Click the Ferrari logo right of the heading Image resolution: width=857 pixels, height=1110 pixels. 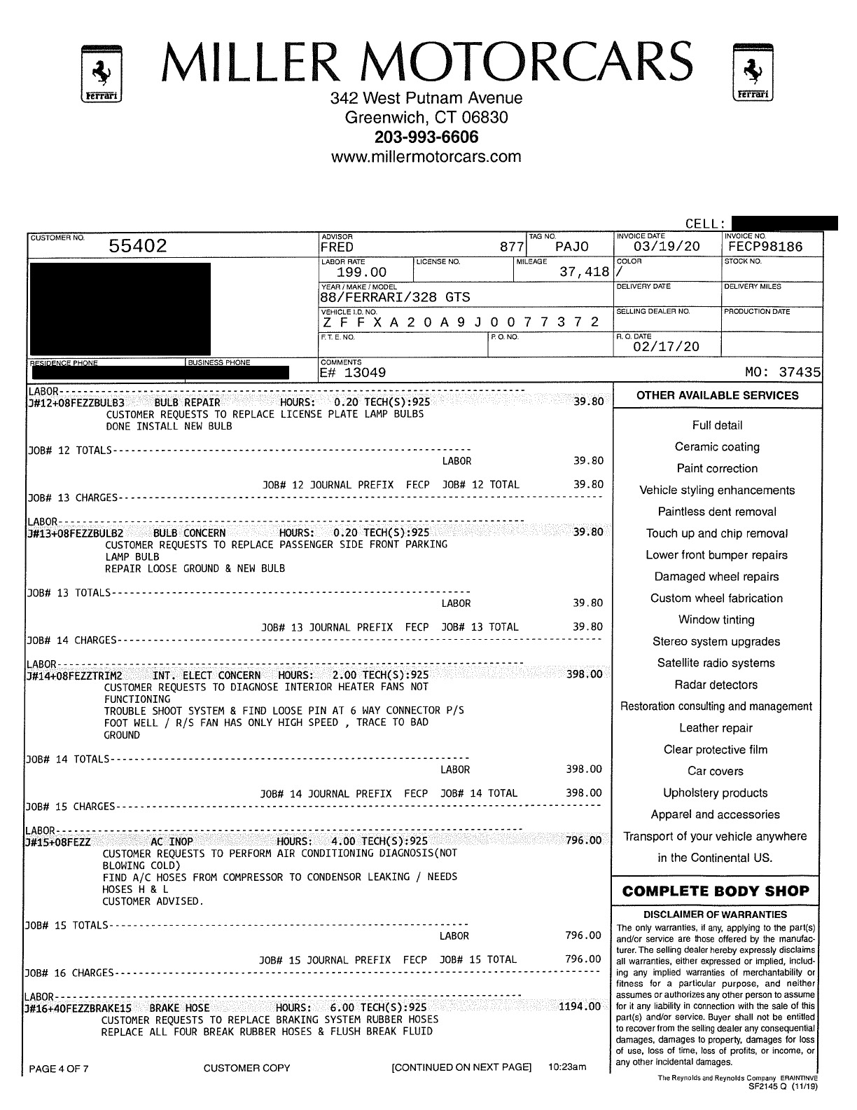coord(753,72)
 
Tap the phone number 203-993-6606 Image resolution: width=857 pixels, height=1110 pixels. coord(426,137)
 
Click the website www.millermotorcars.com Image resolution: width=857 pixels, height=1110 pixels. coord(426,156)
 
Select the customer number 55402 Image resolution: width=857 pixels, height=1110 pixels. coord(138,246)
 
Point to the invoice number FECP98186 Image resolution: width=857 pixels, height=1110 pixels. coord(764,247)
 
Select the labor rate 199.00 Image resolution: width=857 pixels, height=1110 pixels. coord(361,272)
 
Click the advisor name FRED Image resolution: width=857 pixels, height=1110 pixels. coord(337,247)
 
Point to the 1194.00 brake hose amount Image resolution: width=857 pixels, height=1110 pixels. coord(580,1007)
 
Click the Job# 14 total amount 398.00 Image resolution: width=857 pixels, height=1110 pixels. coord(584,793)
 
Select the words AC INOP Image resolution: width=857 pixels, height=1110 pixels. coord(172,842)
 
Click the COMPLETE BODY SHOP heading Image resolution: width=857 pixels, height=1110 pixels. coord(715,891)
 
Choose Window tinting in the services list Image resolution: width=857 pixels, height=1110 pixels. coord(716,620)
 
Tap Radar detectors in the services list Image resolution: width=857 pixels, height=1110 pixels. coord(716,685)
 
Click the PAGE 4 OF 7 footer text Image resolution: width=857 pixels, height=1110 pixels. coord(59,1069)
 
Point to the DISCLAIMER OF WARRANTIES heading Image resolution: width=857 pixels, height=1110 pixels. coord(715,914)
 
